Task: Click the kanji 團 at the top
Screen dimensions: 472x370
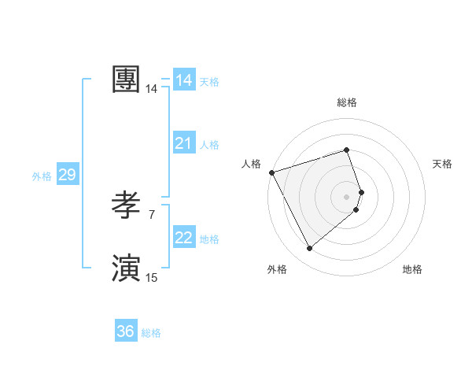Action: pos(127,80)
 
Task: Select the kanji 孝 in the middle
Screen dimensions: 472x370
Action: pos(127,206)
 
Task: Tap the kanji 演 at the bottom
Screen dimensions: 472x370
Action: pos(127,268)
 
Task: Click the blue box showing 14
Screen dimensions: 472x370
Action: pos(184,80)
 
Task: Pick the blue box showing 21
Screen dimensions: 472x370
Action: pos(184,143)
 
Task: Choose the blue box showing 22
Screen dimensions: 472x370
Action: pos(184,238)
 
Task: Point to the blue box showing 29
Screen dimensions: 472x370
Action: pos(67,175)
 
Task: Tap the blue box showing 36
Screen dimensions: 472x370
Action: pos(126,331)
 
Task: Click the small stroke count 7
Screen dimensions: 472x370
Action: pos(152,214)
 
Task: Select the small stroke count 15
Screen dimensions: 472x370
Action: pos(152,277)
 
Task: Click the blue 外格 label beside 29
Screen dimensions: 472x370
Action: pos(42,176)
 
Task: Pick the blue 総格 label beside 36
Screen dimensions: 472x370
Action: pos(151,333)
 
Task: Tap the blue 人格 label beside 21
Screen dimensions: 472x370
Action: pos(209,145)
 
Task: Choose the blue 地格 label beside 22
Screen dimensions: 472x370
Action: pos(209,239)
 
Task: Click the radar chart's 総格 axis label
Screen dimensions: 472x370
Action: pos(347,102)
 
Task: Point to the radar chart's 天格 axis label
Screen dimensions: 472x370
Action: pos(442,164)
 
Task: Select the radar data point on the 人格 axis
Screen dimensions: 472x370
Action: pos(271,172)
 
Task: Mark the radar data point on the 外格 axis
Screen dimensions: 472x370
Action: pos(309,249)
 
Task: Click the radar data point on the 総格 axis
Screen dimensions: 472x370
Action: pos(347,150)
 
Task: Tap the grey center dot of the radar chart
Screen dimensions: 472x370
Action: pos(347,196)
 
